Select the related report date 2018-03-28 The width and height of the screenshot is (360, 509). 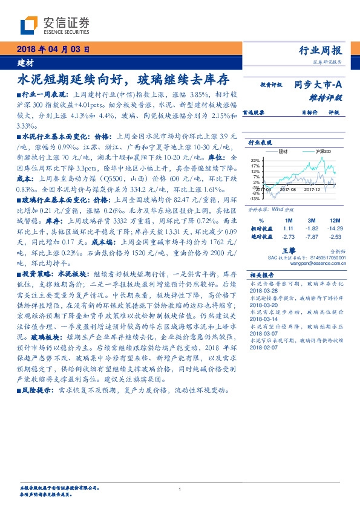(x=262, y=290)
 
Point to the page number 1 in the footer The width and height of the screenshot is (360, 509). (x=180, y=489)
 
